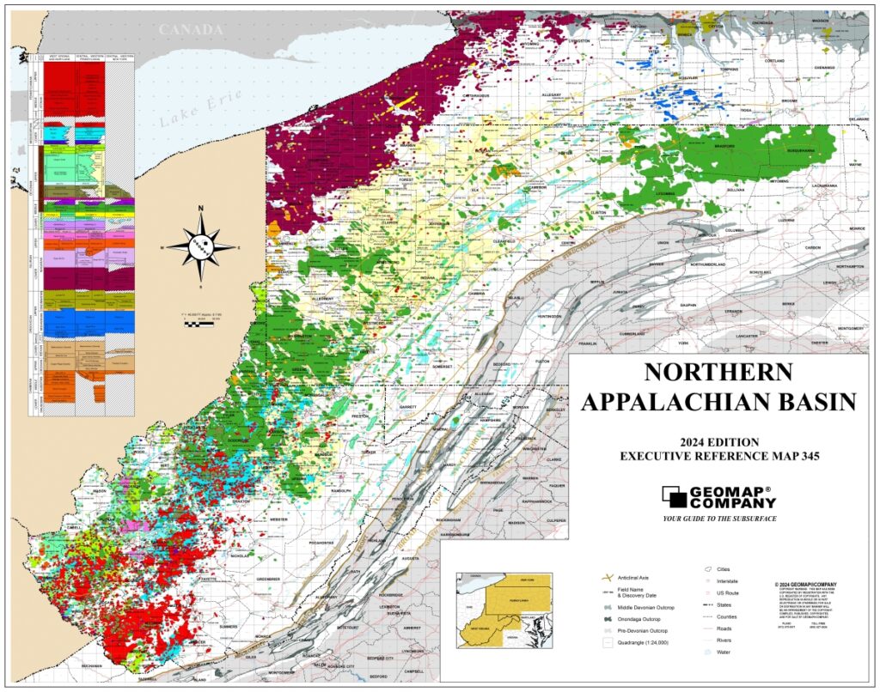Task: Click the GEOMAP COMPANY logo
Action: tap(718, 497)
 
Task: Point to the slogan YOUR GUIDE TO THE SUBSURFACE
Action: tap(719, 519)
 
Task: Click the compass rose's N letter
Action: tap(200, 209)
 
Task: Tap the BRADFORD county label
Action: tap(726, 146)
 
